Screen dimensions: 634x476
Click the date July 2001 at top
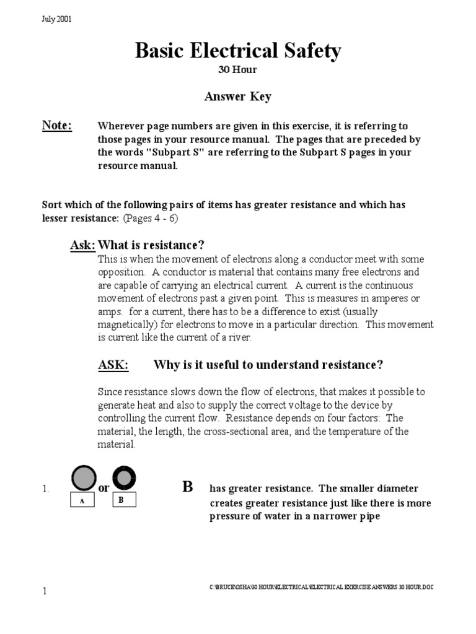pos(56,19)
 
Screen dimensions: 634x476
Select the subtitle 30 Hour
pos(237,70)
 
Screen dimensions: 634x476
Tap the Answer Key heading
pos(237,97)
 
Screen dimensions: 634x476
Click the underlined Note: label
pos(57,126)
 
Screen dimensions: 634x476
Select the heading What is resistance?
pos(152,245)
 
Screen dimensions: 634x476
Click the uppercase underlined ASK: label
pos(113,365)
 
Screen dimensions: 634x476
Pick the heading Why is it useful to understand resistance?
pos(268,365)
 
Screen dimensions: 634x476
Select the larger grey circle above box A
pos(82,478)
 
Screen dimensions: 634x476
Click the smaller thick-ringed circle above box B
pos(124,478)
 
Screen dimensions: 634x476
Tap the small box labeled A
pos(82,502)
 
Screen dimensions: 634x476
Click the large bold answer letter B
pos(187,487)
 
